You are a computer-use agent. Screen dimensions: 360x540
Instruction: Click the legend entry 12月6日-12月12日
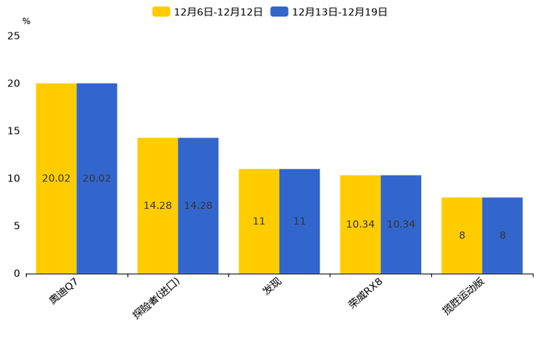click(x=208, y=12)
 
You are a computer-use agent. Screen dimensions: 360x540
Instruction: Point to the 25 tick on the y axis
click(x=14, y=36)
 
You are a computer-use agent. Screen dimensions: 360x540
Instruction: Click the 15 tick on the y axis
click(x=14, y=131)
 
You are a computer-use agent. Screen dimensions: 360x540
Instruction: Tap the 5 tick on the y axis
click(x=17, y=226)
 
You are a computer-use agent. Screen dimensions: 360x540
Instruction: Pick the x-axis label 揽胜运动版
click(x=464, y=297)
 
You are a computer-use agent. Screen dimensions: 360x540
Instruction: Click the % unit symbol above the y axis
click(x=26, y=22)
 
